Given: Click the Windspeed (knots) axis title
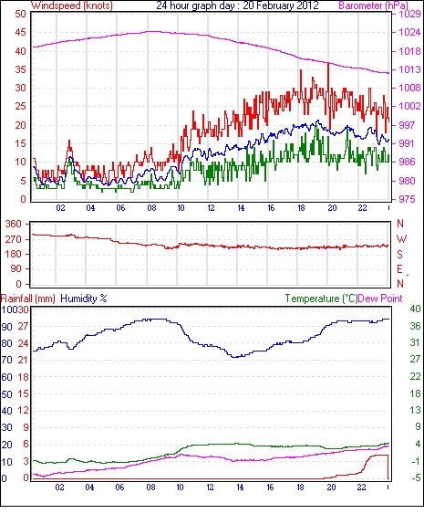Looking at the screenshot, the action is (72, 5).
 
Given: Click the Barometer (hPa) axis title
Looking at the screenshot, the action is (374, 5).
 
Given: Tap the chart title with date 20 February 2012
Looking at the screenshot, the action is (237, 5).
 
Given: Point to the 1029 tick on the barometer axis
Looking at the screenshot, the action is (409, 14).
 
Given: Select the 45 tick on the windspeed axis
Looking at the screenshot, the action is (21, 33).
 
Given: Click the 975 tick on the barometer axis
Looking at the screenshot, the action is (407, 199).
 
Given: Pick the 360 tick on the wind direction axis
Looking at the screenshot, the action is (13, 225).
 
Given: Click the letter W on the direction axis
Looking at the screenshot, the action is (401, 239).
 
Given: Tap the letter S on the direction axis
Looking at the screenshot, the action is (399, 254).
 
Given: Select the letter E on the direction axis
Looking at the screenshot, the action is (399, 269).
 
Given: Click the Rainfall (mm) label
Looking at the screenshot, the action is (27, 299).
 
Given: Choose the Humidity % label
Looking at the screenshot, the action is (84, 299).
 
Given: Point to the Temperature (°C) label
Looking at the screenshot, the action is (321, 299).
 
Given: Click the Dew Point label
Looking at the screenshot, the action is (380, 299).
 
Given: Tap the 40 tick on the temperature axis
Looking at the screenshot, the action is (415, 309).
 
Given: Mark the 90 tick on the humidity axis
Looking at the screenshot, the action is (7, 327).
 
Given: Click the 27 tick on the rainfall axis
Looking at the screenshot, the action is (23, 327).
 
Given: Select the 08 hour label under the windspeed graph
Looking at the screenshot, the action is (151, 208).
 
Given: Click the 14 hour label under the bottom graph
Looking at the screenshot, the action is (240, 488).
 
